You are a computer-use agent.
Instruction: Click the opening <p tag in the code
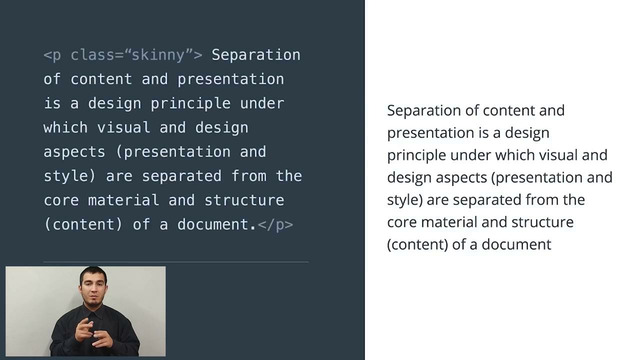[x=52, y=54]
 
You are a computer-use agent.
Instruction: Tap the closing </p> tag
[x=275, y=224]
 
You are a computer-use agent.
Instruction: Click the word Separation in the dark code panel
[x=256, y=54]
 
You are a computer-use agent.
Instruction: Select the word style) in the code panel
[x=69, y=176]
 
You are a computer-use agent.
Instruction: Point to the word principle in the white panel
[x=421, y=154]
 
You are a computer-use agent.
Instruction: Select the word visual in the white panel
[x=545, y=154]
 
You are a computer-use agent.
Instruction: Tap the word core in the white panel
[x=402, y=221]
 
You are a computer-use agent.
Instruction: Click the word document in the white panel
[x=515, y=243]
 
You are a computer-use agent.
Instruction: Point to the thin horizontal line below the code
[x=176, y=262]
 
